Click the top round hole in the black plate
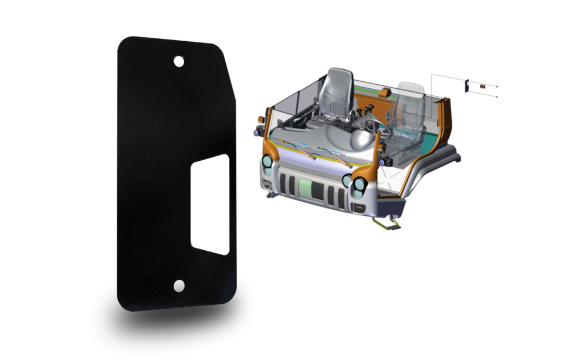point(179,60)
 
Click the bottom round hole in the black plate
point(179,286)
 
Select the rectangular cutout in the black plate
point(210,204)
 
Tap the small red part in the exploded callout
point(483,87)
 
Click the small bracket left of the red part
point(468,87)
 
